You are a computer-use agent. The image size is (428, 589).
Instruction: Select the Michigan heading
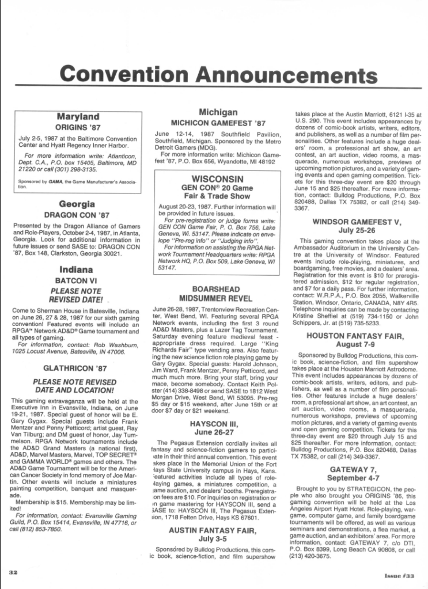(x=218, y=112)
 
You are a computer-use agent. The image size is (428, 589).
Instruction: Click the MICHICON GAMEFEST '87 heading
(x=218, y=123)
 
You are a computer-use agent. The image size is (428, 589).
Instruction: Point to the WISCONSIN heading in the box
(x=218, y=178)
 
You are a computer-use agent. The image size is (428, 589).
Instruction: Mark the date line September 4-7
(x=357, y=478)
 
